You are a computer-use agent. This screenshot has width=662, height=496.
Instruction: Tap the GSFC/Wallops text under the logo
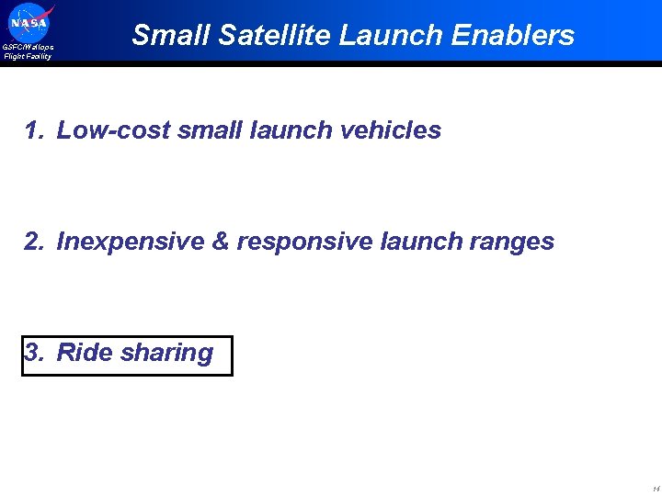coord(28,47)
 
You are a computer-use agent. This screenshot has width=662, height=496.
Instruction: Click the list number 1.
coord(34,130)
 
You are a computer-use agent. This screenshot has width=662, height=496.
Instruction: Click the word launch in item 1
coord(291,130)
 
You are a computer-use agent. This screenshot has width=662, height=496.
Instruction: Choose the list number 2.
coord(34,242)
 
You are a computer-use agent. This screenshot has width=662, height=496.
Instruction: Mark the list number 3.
coord(34,353)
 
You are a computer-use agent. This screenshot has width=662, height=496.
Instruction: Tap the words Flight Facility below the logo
coord(28,56)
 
